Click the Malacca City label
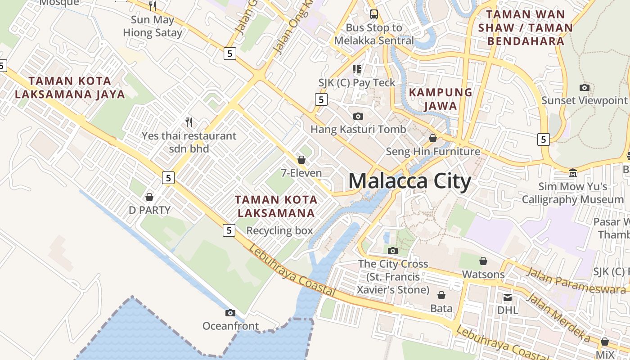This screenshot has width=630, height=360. [x=409, y=181]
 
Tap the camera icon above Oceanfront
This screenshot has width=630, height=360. [x=230, y=313]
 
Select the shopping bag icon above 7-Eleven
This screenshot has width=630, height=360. [x=301, y=160]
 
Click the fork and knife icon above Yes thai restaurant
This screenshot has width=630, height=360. [x=189, y=122]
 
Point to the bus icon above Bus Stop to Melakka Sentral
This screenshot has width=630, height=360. [x=373, y=14]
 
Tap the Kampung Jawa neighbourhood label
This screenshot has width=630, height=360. [x=440, y=99]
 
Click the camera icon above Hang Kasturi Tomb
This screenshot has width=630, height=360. [x=358, y=116]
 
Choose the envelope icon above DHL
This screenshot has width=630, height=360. [x=508, y=297]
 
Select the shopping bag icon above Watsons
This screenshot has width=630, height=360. [x=483, y=261]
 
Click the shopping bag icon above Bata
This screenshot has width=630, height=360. [x=441, y=295]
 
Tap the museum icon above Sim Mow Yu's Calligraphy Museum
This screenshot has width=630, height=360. [x=572, y=173]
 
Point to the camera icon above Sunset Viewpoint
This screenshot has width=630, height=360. [x=585, y=87]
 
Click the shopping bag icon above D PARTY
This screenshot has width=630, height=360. [x=149, y=197]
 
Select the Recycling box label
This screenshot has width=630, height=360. [x=279, y=231]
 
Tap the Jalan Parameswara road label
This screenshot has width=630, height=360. [x=576, y=281]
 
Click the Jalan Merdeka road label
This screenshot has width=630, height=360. [x=558, y=317]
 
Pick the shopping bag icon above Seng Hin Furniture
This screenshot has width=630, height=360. [x=433, y=138]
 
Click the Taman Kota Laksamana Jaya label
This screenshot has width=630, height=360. [x=70, y=87]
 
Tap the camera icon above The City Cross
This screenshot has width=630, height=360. [x=393, y=251]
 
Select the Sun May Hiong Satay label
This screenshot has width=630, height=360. [x=153, y=26]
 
